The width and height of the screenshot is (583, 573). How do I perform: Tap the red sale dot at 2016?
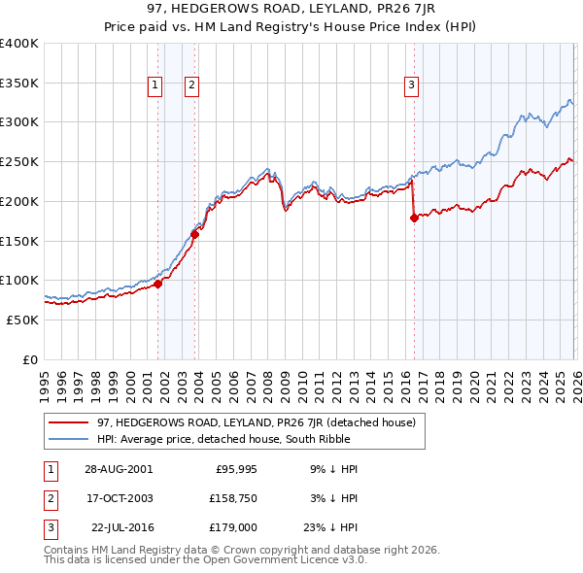414,218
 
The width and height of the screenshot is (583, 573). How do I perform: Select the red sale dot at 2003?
195,233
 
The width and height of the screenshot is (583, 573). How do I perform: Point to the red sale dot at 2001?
158,284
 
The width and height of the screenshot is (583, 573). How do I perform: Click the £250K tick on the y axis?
19,162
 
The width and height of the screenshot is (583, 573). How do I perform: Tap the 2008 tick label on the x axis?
267,380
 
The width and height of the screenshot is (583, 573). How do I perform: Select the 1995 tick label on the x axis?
45,380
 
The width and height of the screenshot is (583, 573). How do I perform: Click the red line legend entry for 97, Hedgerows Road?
257,422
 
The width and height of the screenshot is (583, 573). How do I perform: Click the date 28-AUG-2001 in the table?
118,468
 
